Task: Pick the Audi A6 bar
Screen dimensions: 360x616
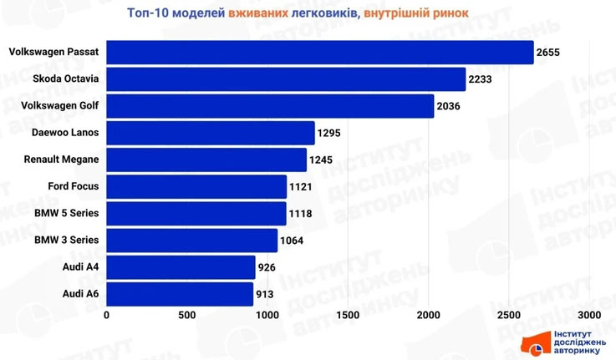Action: tap(180, 294)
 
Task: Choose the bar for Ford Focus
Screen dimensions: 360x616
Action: tap(196, 186)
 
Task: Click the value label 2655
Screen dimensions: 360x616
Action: tap(548, 53)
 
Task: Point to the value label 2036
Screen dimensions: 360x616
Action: tap(449, 106)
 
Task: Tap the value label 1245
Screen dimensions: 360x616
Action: tap(322, 160)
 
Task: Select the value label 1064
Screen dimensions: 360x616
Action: tap(292, 241)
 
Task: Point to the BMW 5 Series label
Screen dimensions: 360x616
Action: tap(67, 213)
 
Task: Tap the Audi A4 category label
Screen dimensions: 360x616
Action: tap(81, 267)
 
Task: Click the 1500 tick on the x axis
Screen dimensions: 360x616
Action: tap(348, 315)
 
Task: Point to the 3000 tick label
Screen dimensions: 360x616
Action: tap(589, 315)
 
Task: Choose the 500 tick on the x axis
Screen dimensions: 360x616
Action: tap(186, 315)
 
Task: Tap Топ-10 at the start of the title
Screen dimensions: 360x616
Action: tap(150, 13)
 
